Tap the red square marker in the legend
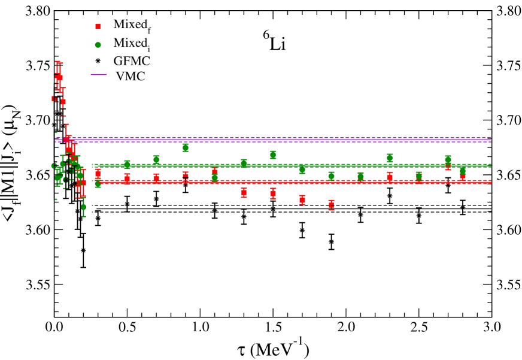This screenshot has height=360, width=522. coord(98,26)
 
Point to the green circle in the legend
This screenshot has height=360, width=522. coord(98,44)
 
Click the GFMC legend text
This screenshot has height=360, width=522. coord(132,61)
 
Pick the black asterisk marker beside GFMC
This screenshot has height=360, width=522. coord(98,61)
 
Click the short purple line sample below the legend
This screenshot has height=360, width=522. coord(99,74)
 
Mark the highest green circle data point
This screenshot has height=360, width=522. coord(186,147)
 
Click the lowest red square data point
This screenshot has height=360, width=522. coord(331,205)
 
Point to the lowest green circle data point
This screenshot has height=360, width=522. coord(84,207)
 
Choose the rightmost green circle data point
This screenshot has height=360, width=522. coord(462,171)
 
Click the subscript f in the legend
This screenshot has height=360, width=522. coord(149,29)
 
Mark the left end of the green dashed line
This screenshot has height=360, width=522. coord(93,165)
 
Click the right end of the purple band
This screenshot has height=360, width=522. coord(490,139)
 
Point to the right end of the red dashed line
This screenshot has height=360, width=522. coord(490,181)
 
